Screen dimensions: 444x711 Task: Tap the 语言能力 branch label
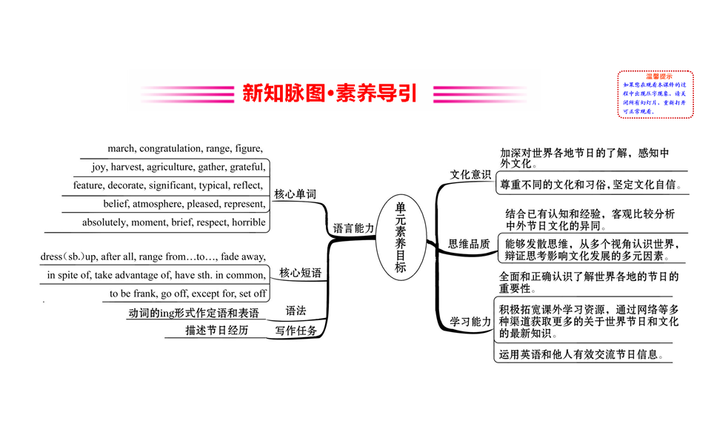pyautogui.click(x=353, y=228)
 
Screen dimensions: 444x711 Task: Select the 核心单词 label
pyautogui.click(x=295, y=194)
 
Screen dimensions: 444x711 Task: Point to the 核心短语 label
pyautogui.click(x=300, y=273)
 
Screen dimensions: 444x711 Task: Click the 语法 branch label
pyautogui.click(x=296, y=311)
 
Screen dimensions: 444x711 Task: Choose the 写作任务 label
pyautogui.click(x=296, y=331)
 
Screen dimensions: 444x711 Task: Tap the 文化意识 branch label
pyautogui.click(x=470, y=175)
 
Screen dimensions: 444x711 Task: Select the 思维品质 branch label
pyautogui.click(x=470, y=244)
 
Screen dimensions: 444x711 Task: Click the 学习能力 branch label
pyautogui.click(x=470, y=322)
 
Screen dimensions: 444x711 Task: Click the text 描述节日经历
pyautogui.click(x=217, y=331)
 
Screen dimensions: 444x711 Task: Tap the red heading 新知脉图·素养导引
pyautogui.click(x=330, y=93)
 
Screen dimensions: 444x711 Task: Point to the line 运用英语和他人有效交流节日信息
pyautogui.click(x=585, y=354)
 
